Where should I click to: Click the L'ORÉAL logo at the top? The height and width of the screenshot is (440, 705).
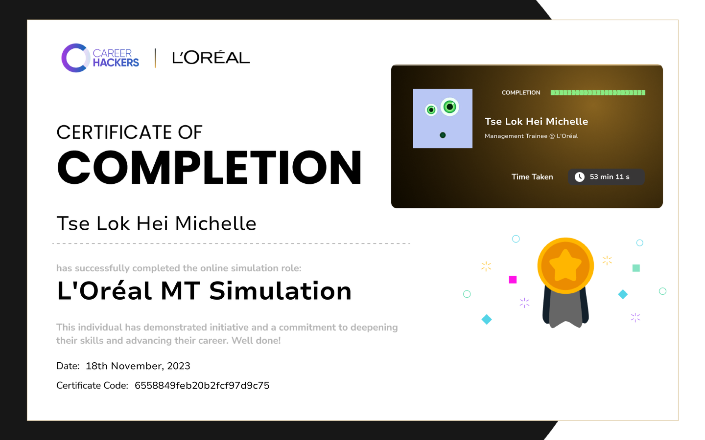tap(211, 58)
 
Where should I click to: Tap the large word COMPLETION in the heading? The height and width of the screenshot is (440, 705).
tap(210, 168)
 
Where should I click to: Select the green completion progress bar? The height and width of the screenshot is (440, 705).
tap(598, 93)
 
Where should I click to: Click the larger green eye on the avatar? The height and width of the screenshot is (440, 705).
tap(450, 107)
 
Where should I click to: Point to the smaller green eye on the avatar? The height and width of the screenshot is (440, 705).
tap(431, 110)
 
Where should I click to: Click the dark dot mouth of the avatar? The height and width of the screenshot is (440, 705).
tap(443, 135)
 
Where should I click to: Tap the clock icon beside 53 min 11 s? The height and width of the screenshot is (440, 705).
tap(580, 177)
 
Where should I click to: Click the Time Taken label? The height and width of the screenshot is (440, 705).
tap(532, 177)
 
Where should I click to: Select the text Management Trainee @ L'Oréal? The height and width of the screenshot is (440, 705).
tap(531, 136)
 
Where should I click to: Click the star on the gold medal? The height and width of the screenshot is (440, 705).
tap(565, 265)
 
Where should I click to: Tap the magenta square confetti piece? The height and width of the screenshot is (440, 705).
tap(513, 280)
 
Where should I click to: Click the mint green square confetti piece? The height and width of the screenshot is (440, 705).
tap(636, 268)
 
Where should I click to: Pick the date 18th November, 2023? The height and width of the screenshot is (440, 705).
tap(138, 366)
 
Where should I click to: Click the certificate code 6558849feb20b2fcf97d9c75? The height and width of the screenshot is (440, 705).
tap(202, 386)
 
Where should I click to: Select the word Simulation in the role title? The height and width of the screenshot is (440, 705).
tap(280, 291)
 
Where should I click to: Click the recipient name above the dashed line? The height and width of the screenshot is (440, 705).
tap(157, 223)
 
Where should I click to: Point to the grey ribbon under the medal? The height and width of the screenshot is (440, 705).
tap(565, 309)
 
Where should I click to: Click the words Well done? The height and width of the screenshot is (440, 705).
tap(256, 341)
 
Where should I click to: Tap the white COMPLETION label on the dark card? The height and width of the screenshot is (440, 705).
tap(521, 93)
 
